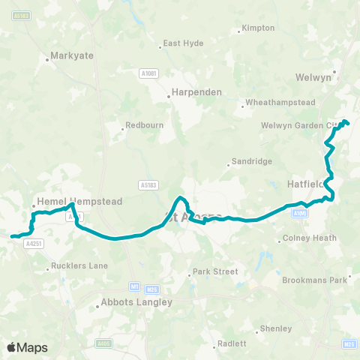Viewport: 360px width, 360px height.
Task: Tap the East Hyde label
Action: click(x=183, y=43)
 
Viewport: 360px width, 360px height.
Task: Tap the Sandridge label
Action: click(x=250, y=160)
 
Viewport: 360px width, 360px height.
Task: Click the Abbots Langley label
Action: click(x=136, y=302)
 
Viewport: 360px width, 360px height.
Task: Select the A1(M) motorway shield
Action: click(x=300, y=213)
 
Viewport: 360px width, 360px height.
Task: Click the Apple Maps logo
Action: click(x=27, y=347)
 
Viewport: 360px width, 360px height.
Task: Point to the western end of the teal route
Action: click(x=11, y=237)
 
